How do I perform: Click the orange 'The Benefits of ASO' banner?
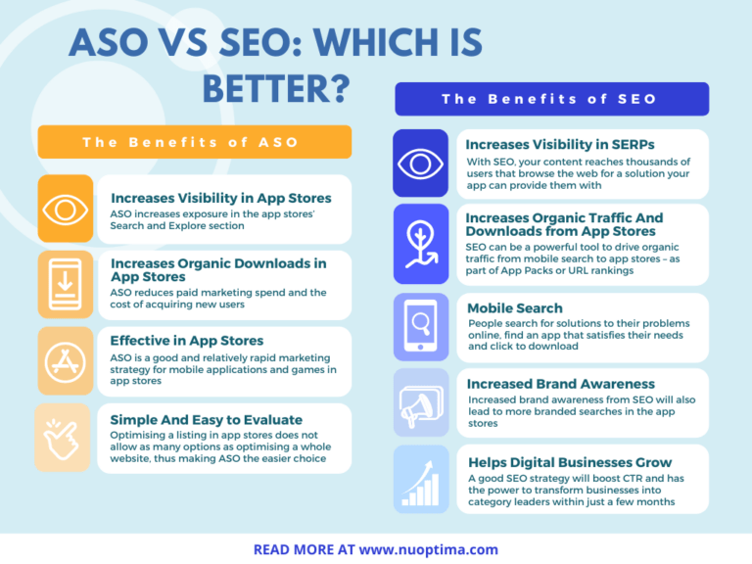click(194, 142)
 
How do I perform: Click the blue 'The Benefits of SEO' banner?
click(551, 99)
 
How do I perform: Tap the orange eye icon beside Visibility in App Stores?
click(66, 210)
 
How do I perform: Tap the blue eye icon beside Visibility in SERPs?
click(421, 164)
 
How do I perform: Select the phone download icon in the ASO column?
click(66, 285)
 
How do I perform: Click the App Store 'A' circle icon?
click(66, 361)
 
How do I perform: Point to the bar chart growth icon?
click(421, 479)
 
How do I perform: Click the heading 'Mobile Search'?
click(514, 308)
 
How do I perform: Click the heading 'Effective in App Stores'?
click(186, 341)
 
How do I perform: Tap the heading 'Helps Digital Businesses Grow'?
click(569, 462)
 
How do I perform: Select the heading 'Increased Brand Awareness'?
click(560, 384)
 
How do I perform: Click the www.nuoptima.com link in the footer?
click(429, 549)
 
